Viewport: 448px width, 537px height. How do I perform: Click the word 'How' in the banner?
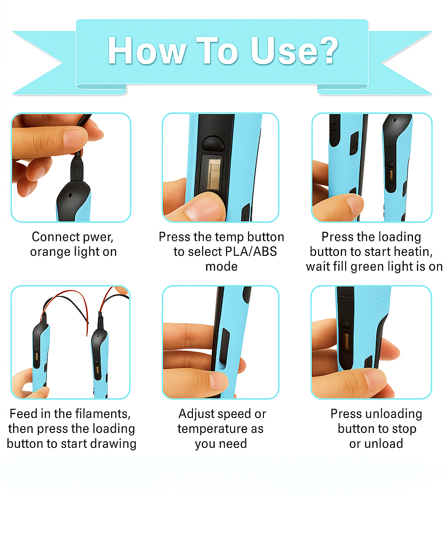147,51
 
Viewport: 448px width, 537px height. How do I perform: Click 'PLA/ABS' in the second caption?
250,252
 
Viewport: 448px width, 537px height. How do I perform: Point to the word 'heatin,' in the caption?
413,252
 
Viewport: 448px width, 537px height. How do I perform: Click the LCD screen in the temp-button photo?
213,174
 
